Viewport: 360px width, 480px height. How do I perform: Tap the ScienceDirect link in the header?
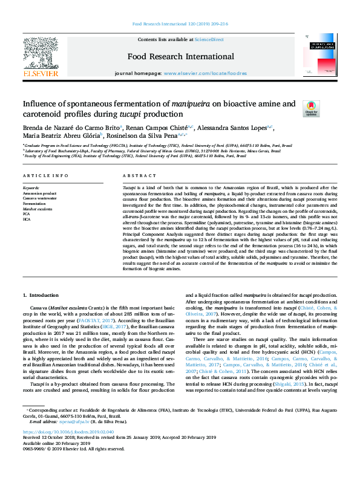(209, 39)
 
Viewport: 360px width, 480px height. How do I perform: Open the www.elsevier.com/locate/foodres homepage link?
(205, 73)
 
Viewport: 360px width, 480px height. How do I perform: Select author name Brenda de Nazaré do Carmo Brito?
(71, 128)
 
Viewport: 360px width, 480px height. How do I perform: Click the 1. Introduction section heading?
(42, 295)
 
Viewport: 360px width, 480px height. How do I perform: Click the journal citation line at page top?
(180, 24)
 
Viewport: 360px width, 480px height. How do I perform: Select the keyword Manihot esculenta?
(38, 208)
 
